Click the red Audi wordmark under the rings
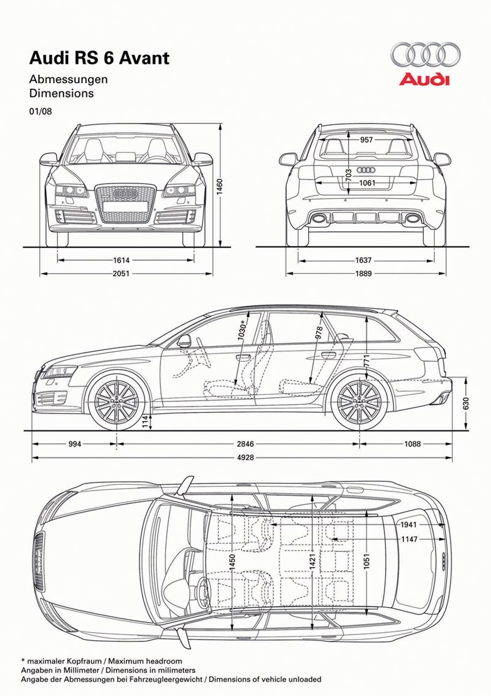coord(424,79)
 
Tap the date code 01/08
coord(40,111)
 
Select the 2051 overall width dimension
coord(121,274)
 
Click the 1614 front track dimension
coord(121,260)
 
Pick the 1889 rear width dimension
coord(363,274)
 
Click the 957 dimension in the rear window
coord(366,140)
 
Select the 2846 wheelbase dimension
coord(245,444)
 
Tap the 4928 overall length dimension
coord(245,458)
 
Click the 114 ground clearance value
coord(145,421)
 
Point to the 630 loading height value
coord(466,404)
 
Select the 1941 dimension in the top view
coord(408,525)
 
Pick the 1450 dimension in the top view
coord(232,562)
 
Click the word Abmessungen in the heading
coord(68,80)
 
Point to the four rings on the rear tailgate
coord(366,170)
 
